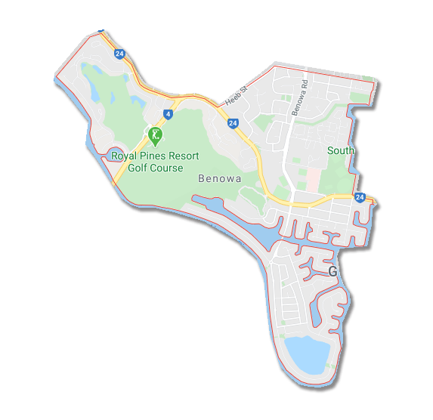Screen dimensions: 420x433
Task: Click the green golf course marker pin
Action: point(155,137)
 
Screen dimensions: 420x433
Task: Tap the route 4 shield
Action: point(167,115)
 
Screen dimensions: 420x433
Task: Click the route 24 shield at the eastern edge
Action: point(360,197)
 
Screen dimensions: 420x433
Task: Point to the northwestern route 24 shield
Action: point(119,54)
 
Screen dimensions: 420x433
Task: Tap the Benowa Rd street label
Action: point(302,96)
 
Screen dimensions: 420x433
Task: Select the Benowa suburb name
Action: point(219,179)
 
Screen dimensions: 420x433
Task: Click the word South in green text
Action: point(340,150)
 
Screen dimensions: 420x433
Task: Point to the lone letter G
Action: point(332,271)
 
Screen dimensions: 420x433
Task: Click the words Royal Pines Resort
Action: point(155,156)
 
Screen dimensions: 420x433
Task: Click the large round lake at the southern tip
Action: point(308,354)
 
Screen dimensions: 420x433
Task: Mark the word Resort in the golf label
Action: point(183,156)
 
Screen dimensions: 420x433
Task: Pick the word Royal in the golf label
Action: point(123,156)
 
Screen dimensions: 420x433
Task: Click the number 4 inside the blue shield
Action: point(167,115)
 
